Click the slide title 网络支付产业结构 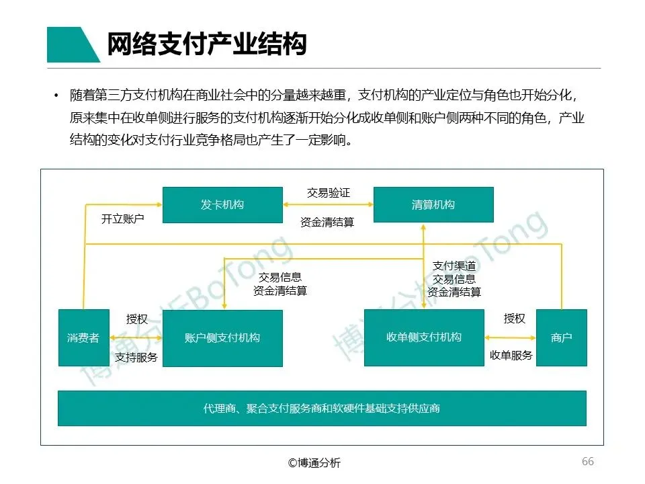click(207, 44)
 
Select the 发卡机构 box click(222, 204)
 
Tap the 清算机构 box click(433, 204)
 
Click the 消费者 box click(83, 337)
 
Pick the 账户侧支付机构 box click(222, 337)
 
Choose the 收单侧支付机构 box click(424, 337)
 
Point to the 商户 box click(561, 337)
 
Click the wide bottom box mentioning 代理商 click(322, 408)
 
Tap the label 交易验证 click(329, 193)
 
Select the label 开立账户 click(123, 219)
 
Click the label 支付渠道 click(454, 266)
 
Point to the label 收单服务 click(511, 356)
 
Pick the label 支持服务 click(136, 357)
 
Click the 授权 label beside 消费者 click(137, 319)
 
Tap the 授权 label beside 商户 click(515, 319)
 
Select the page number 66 click(587, 462)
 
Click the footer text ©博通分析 click(314, 462)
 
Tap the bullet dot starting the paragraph click(56, 96)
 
